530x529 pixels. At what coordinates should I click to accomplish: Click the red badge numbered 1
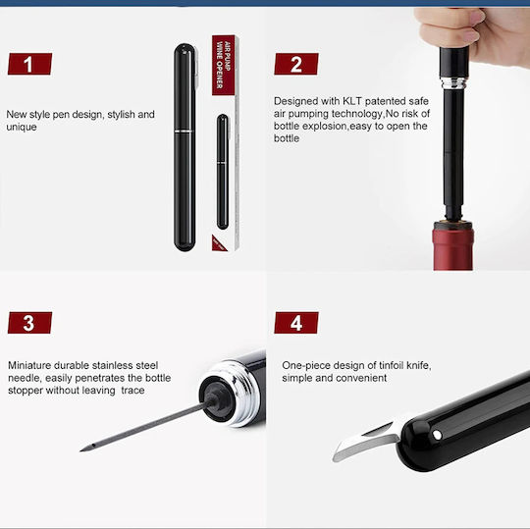click(x=29, y=64)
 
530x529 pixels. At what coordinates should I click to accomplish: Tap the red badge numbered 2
click(x=296, y=64)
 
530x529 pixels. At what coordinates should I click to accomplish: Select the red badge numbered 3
click(x=29, y=323)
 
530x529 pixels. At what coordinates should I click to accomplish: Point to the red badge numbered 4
click(x=296, y=323)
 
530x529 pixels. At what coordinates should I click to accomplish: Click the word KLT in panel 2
click(x=352, y=101)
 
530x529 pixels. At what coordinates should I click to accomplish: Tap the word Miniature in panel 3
click(x=29, y=365)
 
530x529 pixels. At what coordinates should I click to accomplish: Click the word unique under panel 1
click(x=22, y=127)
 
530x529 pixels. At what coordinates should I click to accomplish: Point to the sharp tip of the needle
click(x=81, y=450)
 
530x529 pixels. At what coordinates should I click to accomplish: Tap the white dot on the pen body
click(x=437, y=435)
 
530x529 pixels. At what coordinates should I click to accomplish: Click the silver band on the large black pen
click(x=185, y=131)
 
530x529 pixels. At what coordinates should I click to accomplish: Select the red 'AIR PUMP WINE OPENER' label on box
click(x=223, y=65)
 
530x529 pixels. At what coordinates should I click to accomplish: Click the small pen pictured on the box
click(x=223, y=172)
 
